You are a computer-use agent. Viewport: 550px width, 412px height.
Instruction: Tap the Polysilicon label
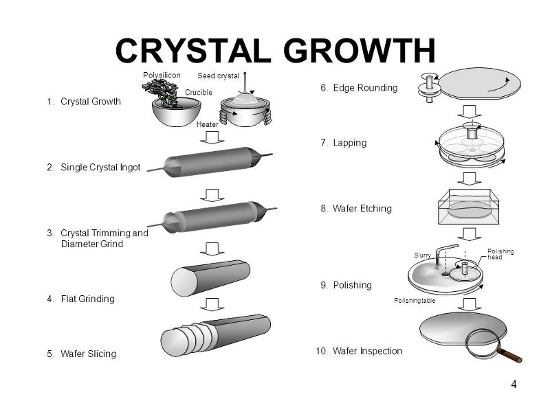pyautogui.click(x=161, y=75)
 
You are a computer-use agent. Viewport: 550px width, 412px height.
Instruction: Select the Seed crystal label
pyautogui.click(x=218, y=76)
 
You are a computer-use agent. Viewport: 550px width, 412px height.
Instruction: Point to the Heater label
pyautogui.click(x=207, y=124)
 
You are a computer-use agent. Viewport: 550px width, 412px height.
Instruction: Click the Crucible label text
pyautogui.click(x=199, y=92)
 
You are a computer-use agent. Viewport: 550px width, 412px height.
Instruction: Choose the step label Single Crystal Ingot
pyautogui.click(x=100, y=168)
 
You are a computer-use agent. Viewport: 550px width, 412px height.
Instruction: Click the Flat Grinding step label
pyautogui.click(x=87, y=299)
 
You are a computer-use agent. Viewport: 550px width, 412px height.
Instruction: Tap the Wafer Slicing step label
pyautogui.click(x=88, y=354)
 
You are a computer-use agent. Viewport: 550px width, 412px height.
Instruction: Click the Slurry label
pyautogui.click(x=422, y=255)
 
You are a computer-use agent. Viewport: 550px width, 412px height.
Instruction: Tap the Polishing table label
pyautogui.click(x=415, y=301)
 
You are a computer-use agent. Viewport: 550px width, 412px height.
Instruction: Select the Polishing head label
pyautogui.click(x=500, y=254)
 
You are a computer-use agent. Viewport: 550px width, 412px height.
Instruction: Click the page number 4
pyautogui.click(x=514, y=385)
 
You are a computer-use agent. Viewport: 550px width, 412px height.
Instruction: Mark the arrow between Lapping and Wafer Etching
pyautogui.click(x=470, y=178)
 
